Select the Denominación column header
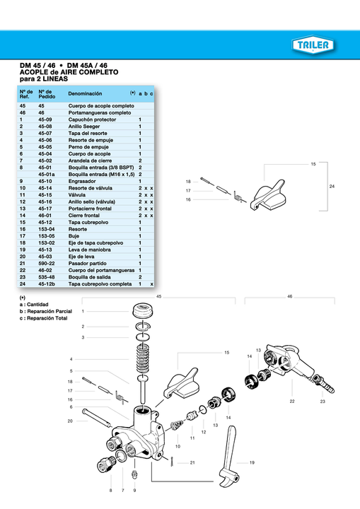click(90, 93)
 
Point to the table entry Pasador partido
click(90, 263)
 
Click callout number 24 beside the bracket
click(332, 186)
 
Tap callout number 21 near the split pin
click(192, 462)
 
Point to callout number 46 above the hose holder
click(290, 297)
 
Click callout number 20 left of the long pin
click(70, 421)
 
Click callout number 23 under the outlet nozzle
click(322, 402)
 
